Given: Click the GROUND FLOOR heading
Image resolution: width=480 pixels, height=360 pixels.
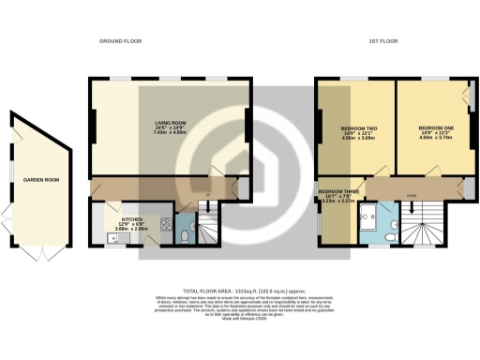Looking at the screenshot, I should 121,41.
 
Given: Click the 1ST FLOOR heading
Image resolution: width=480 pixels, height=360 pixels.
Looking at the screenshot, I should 381,41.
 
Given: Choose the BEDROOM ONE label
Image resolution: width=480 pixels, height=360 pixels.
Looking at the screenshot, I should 435,127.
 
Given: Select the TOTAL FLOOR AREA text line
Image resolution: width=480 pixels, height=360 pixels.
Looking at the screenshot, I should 240,291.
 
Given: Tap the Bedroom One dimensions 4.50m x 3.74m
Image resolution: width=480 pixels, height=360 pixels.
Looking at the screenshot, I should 435,138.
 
